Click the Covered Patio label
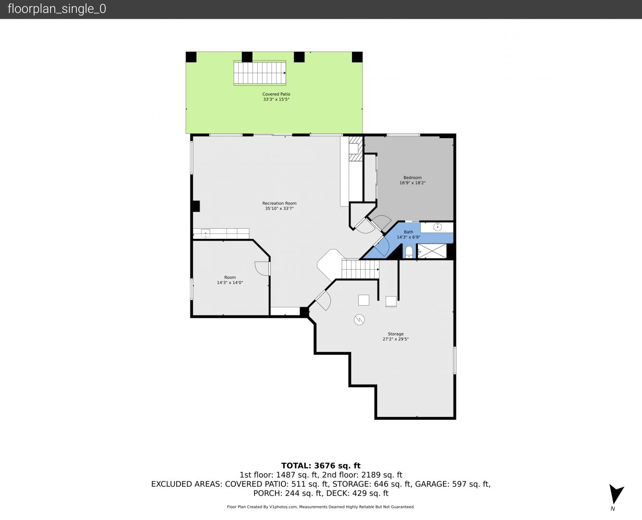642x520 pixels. click(276, 94)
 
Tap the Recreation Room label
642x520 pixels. click(279, 203)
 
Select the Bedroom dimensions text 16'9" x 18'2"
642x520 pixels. click(412, 183)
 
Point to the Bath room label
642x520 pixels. click(408, 232)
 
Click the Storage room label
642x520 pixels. click(395, 334)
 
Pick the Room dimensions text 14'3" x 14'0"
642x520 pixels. click(230, 283)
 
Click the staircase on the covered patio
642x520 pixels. click(260, 73)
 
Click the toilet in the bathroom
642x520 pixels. click(409, 252)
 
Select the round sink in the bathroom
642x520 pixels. click(438, 227)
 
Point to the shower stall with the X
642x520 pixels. click(432, 251)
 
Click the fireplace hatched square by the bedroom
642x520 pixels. click(355, 149)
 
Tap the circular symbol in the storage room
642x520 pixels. click(359, 320)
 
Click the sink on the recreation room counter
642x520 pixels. click(205, 234)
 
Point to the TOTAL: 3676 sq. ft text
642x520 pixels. click(321, 466)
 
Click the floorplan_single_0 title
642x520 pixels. click(57, 9)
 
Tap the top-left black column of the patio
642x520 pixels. click(191, 57)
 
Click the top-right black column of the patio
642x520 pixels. click(357, 57)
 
